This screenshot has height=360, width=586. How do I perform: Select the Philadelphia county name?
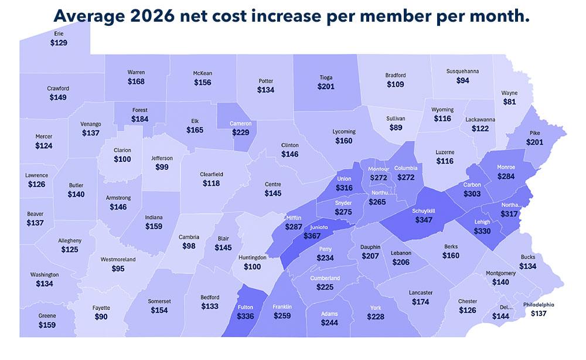[x=537, y=304]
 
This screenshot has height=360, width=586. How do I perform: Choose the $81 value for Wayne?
[x=509, y=101]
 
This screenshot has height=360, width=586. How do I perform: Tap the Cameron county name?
[x=241, y=124]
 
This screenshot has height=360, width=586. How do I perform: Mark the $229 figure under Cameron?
[x=240, y=133]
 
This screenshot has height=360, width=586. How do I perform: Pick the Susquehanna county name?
[x=462, y=71]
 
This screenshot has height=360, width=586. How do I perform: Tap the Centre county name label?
[x=272, y=184]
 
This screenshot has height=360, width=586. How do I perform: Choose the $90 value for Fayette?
[x=101, y=317]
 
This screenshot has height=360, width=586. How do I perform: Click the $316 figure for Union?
[x=345, y=188]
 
